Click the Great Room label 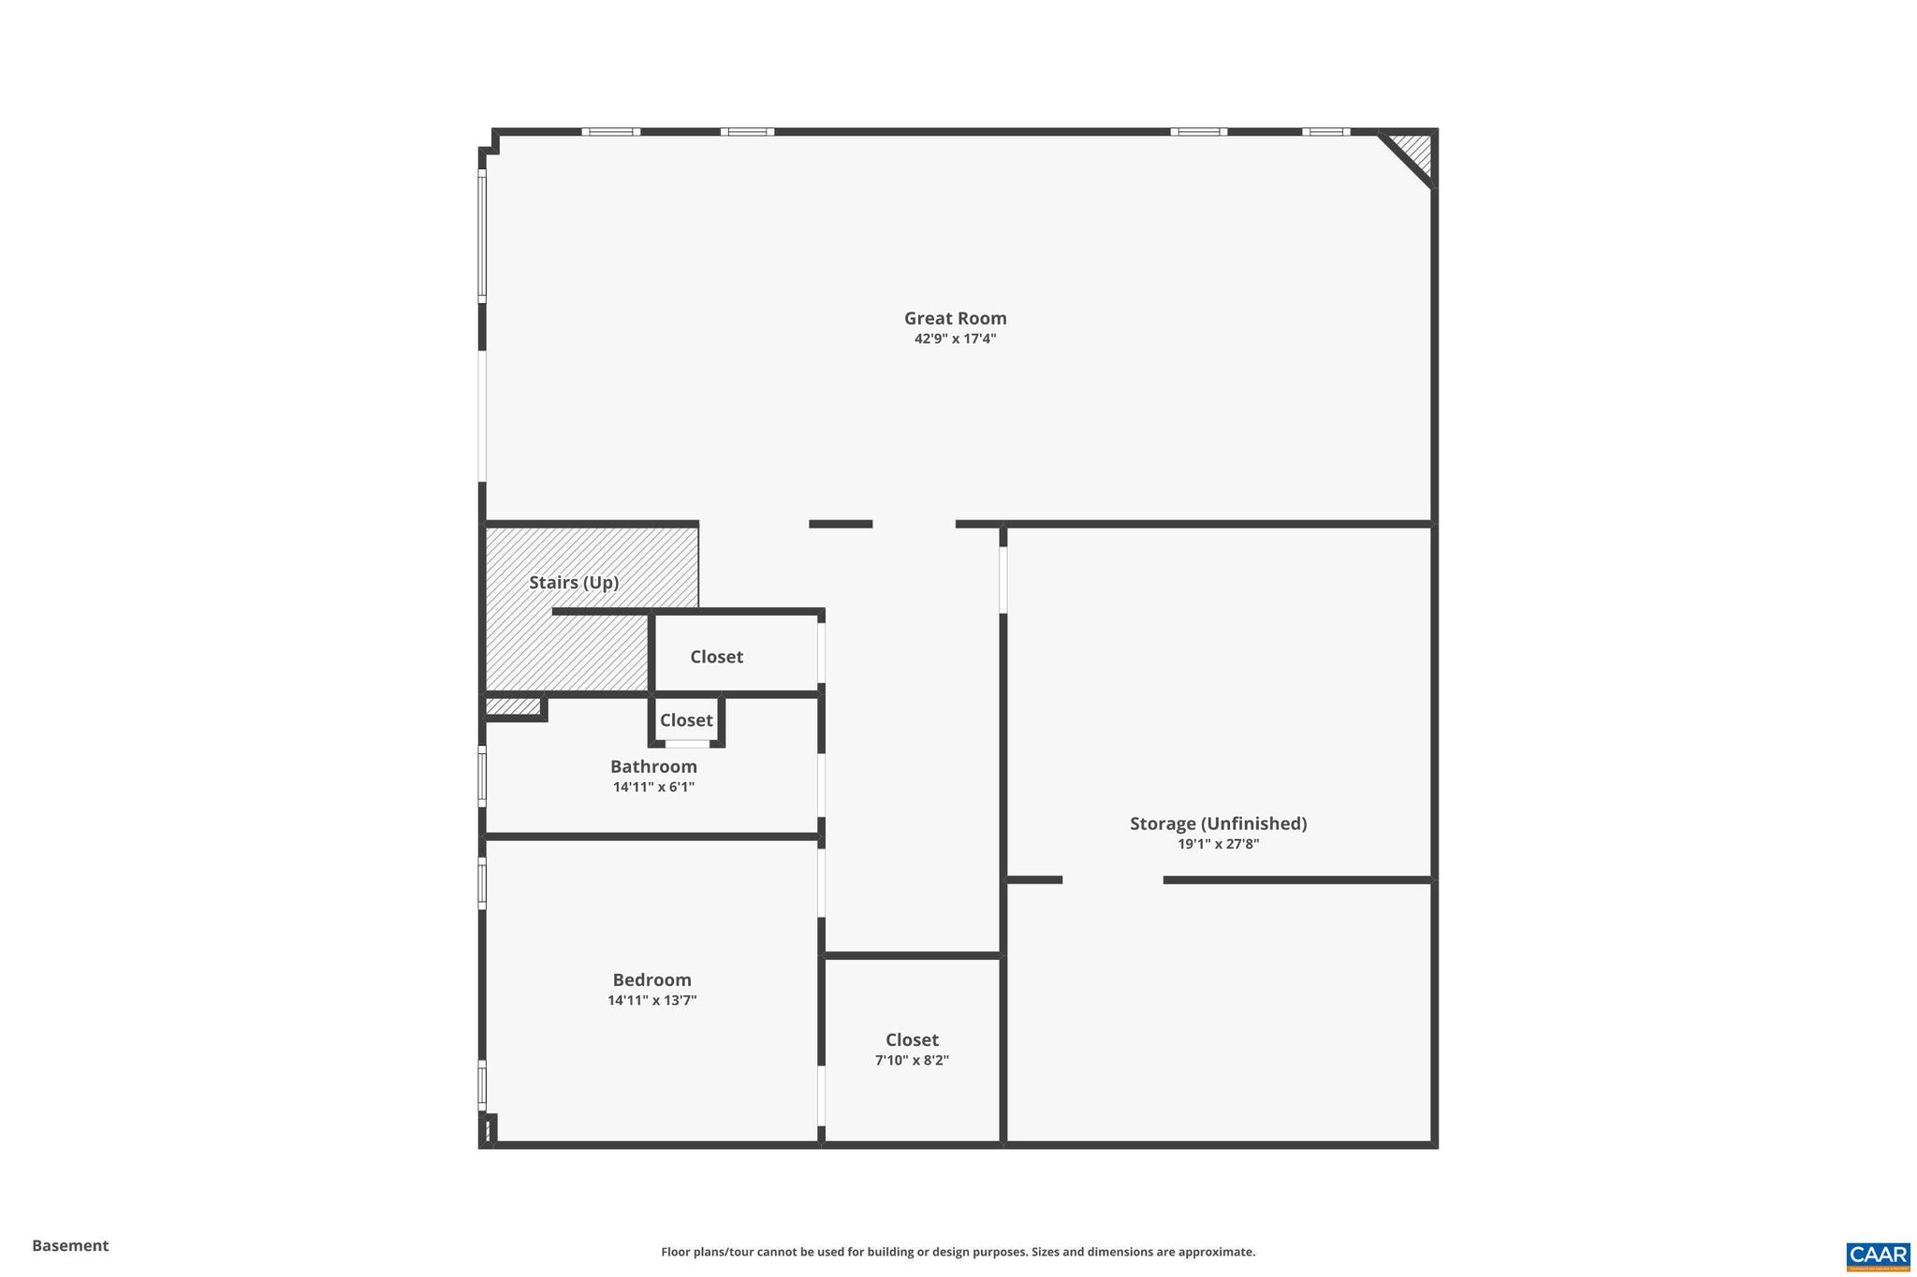click(x=955, y=318)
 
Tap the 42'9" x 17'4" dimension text click(x=955, y=339)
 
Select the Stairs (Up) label click(x=574, y=582)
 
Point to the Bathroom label click(x=653, y=766)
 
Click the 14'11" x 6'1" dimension click(x=653, y=787)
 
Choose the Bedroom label click(x=651, y=980)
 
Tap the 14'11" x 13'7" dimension click(x=651, y=1000)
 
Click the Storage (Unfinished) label click(x=1218, y=823)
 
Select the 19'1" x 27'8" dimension click(x=1218, y=844)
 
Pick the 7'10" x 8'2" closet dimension click(x=912, y=1060)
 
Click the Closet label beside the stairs click(x=716, y=657)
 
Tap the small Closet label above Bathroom click(x=686, y=720)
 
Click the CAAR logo click(x=1878, y=1255)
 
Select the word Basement click(x=70, y=1245)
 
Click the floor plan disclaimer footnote click(x=958, y=1252)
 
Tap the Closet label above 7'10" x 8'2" click(x=912, y=1039)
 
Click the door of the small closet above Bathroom click(x=687, y=744)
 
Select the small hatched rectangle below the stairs click(x=513, y=706)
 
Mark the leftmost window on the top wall click(x=610, y=132)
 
